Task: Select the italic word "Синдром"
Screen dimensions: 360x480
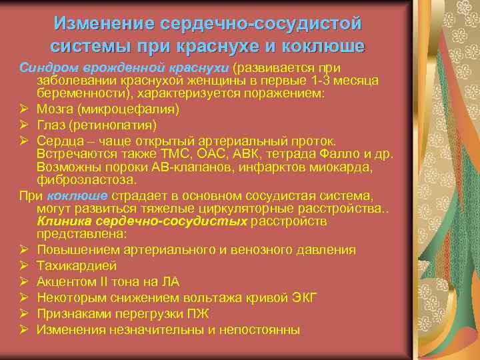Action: click(41, 68)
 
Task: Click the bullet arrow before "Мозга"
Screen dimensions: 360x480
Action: click(23, 109)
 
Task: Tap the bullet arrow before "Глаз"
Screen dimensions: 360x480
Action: click(23, 125)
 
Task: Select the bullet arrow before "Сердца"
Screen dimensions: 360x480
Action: click(23, 140)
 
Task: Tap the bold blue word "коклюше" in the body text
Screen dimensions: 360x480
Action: click(79, 196)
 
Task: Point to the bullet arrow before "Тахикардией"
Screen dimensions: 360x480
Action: click(23, 265)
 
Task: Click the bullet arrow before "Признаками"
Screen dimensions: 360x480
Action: click(23, 313)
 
